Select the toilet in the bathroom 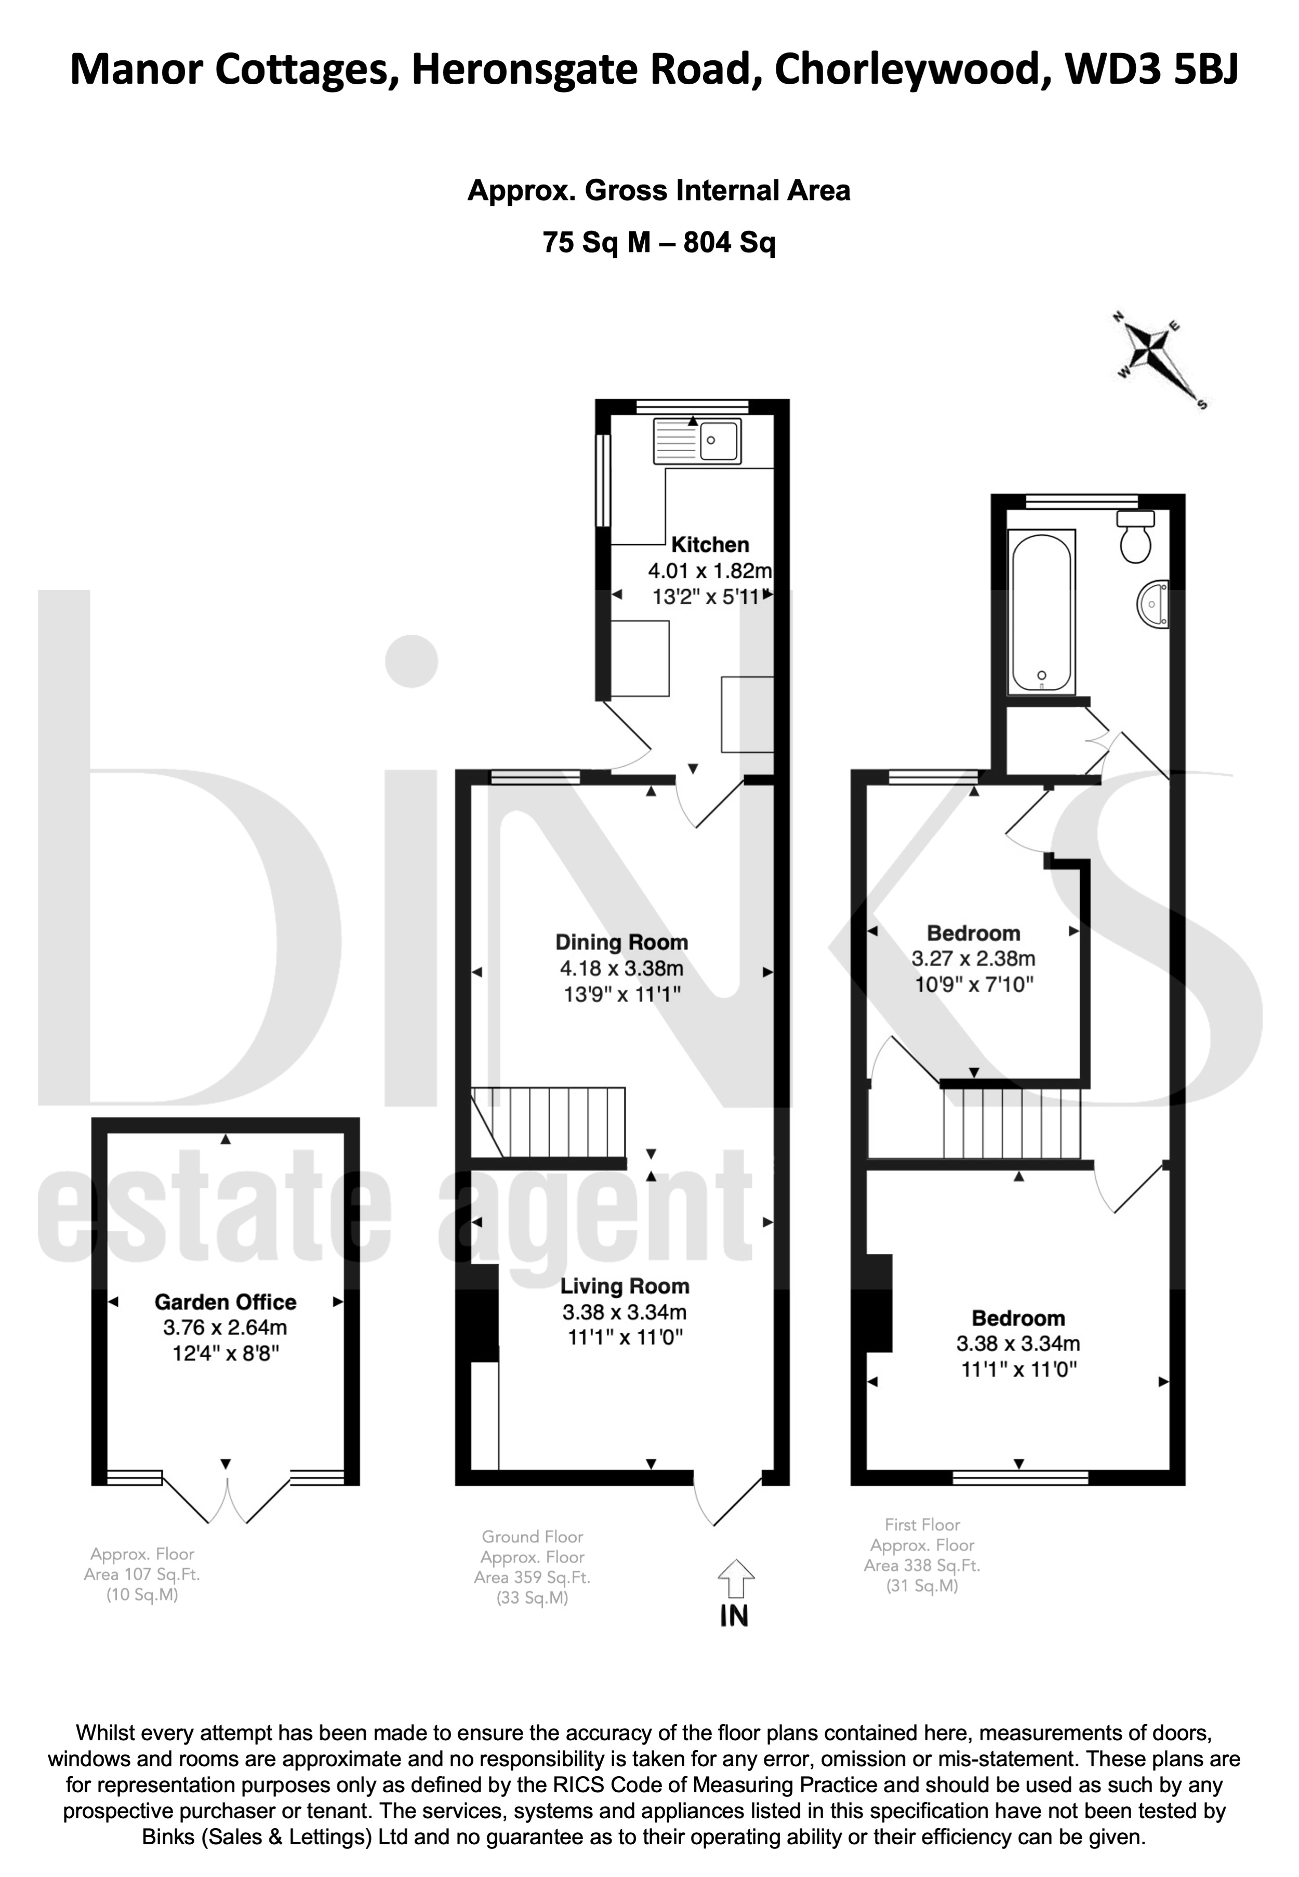[x=1135, y=537]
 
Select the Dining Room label [x=622, y=942]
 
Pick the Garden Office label [x=226, y=1302]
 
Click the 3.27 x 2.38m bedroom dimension [x=973, y=959]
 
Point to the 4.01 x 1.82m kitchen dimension [x=710, y=570]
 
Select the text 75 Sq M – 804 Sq [x=659, y=243]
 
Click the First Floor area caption [x=922, y=1555]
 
